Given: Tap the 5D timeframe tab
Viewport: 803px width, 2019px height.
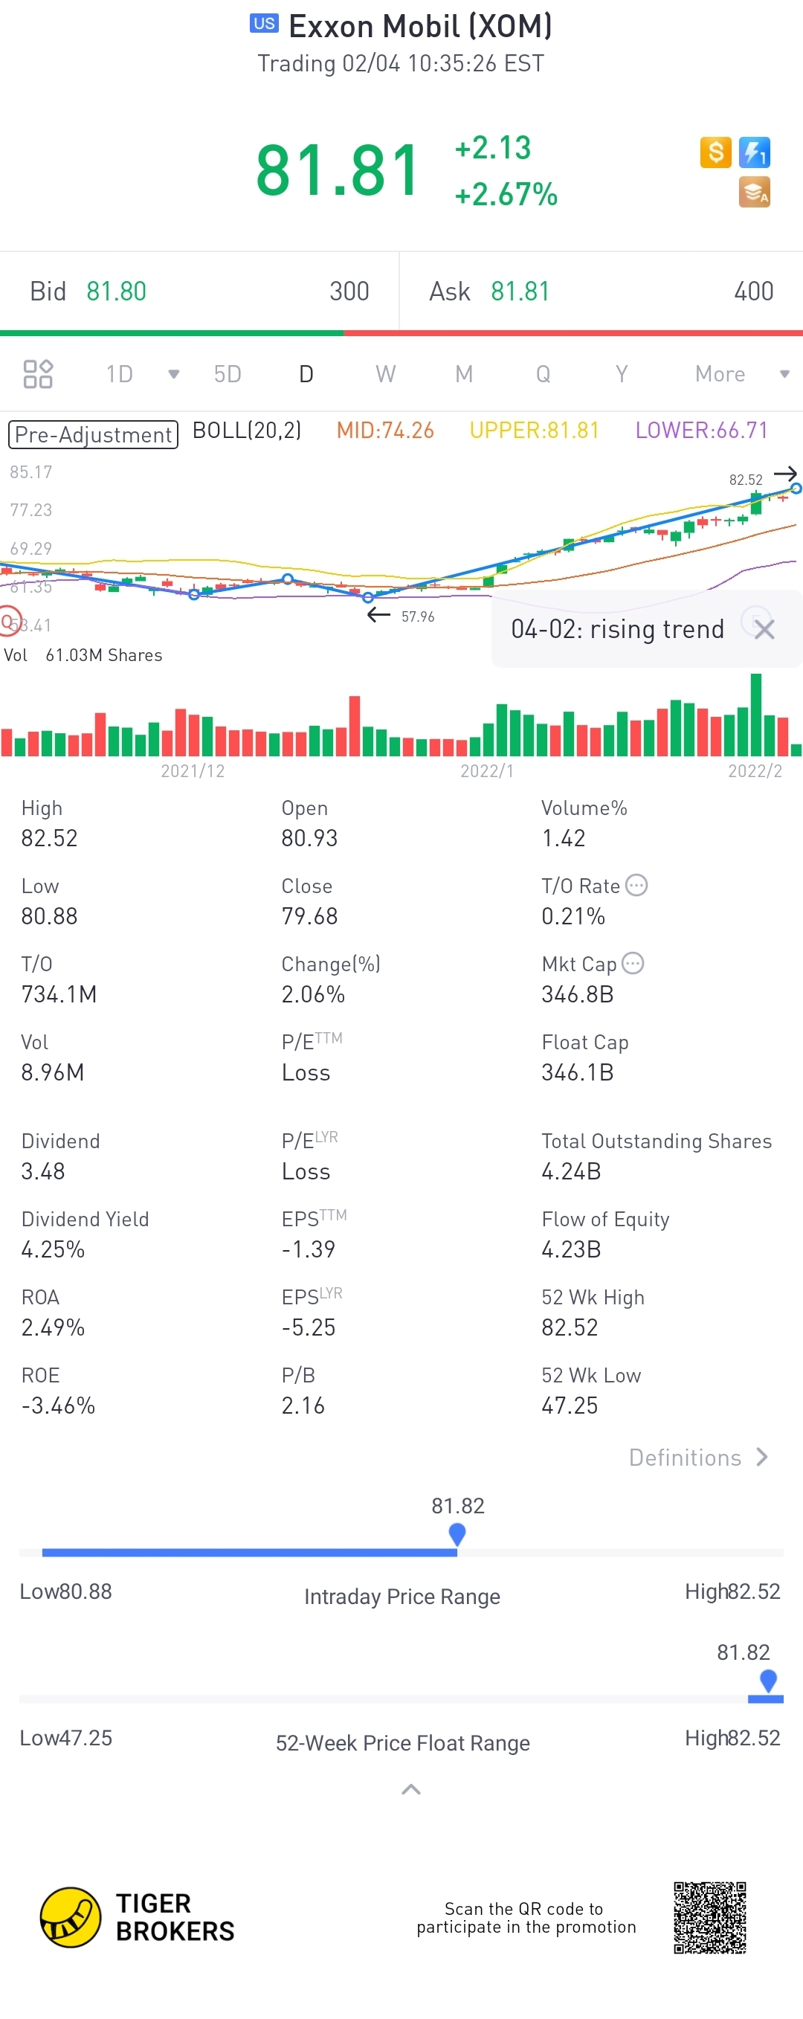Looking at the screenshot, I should [228, 374].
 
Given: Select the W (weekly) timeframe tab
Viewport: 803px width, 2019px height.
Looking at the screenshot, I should [384, 374].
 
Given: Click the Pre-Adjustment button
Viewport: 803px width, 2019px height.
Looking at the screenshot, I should [93, 434].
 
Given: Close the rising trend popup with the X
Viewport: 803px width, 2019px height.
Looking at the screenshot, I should [764, 628].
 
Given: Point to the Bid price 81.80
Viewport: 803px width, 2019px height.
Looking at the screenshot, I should [116, 292].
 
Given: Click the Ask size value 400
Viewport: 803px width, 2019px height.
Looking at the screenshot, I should [753, 292].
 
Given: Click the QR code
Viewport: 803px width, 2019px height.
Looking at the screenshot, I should [709, 1917].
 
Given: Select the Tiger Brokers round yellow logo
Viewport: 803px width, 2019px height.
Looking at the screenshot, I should [71, 1917].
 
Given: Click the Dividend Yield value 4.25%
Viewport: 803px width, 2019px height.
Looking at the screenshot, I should [53, 1249].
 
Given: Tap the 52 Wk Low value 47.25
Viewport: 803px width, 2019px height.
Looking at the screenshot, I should [570, 1405].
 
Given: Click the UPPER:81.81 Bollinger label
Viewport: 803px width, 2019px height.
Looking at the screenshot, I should [534, 431].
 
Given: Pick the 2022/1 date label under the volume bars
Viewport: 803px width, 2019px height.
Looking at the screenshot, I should [486, 771].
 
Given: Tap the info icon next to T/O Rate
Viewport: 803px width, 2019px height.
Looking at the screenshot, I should [637, 886].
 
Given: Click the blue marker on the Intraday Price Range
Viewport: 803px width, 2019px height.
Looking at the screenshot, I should [457, 1534].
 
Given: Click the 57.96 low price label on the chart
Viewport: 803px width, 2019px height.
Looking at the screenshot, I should [418, 616].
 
